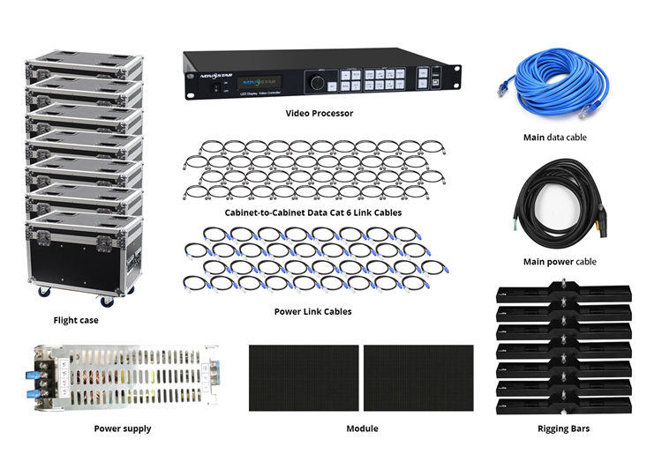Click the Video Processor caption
319,114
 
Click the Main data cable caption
554,138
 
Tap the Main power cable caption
559,262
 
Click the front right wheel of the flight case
108,301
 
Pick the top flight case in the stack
84,63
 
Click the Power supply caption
123,428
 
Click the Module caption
362,428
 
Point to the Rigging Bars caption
564,428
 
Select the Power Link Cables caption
313,311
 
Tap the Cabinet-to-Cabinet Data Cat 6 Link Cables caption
313,212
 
